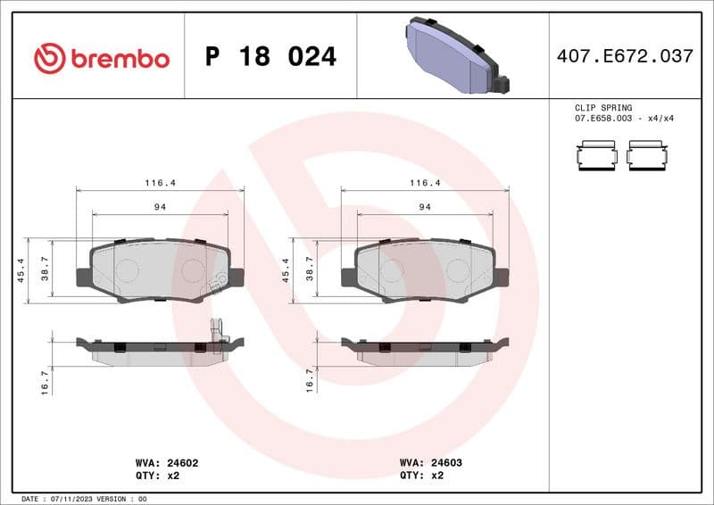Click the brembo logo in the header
coord(101,58)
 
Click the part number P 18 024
coord(270,57)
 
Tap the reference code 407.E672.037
coord(624,56)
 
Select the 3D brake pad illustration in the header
coord(455,55)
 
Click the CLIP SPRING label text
coord(603,107)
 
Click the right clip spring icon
coord(647,155)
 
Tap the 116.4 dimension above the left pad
coord(161,182)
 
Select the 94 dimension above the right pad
coord(425,207)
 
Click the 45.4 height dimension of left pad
coord(21,270)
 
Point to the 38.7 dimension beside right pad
coord(310,269)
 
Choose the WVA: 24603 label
coord(430,463)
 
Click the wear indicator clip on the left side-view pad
coord(215,334)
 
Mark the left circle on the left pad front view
coord(128,269)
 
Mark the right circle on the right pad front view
coord(458,269)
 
